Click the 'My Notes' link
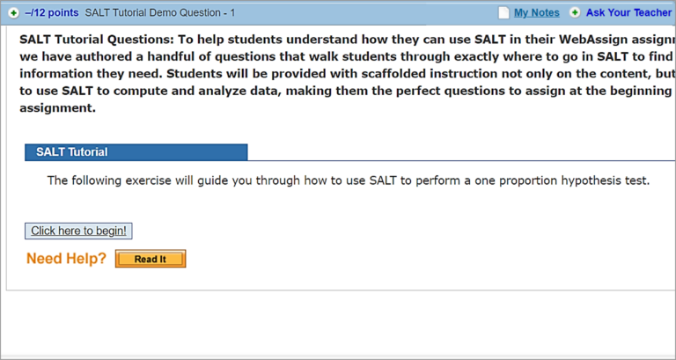click(x=536, y=13)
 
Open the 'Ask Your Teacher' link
click(x=628, y=13)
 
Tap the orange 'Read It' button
click(x=150, y=259)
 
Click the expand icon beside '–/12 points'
click(x=13, y=13)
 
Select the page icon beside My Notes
click(x=503, y=13)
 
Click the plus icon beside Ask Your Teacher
click(x=575, y=13)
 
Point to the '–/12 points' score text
click(x=52, y=13)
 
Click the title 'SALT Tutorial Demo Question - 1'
click(x=160, y=13)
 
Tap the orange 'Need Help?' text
click(x=66, y=259)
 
